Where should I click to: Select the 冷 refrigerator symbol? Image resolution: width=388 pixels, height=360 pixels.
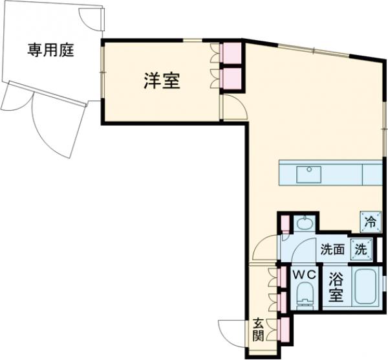click(x=371, y=221)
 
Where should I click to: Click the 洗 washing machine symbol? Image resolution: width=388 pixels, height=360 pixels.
click(x=361, y=247)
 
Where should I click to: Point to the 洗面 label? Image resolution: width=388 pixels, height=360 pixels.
click(x=333, y=248)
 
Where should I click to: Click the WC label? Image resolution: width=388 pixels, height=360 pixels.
click(x=304, y=275)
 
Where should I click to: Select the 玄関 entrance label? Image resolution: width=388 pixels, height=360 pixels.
click(x=257, y=329)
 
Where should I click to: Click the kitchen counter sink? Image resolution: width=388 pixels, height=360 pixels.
click(x=308, y=174)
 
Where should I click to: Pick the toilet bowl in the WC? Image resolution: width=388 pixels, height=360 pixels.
click(x=303, y=300)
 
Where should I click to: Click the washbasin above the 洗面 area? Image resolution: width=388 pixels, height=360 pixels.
click(x=303, y=224)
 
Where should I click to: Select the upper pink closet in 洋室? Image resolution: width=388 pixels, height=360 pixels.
click(x=230, y=53)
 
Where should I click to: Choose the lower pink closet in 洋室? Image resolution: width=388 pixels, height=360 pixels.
click(x=230, y=78)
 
